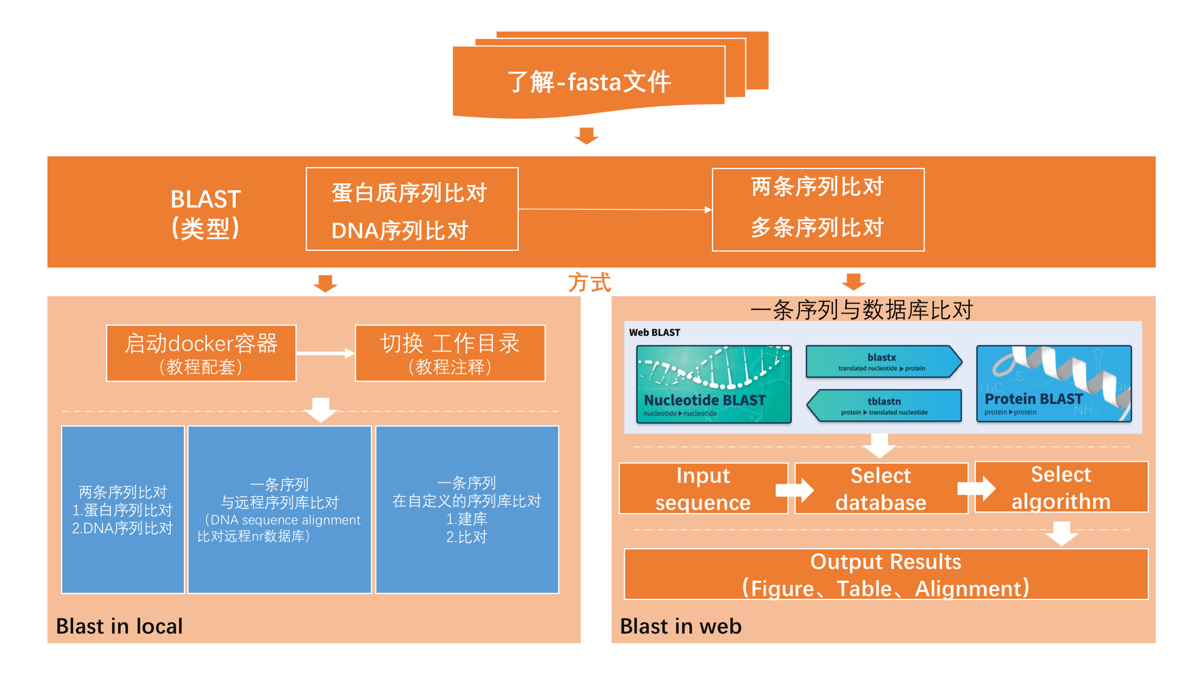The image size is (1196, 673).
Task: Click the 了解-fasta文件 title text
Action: (x=589, y=82)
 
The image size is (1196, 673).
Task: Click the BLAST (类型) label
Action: (x=205, y=214)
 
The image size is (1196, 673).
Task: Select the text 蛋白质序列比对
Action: (x=409, y=193)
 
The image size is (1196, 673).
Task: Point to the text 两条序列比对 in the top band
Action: (x=817, y=187)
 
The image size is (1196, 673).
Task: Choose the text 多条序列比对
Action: (x=817, y=227)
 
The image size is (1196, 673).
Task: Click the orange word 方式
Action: (x=589, y=282)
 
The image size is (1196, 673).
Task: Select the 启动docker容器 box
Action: (x=201, y=353)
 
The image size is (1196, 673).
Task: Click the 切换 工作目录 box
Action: (x=449, y=353)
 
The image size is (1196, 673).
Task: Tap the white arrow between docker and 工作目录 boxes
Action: (x=325, y=353)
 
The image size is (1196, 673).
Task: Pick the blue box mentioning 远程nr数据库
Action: (x=279, y=509)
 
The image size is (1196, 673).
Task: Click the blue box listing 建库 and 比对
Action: (x=467, y=509)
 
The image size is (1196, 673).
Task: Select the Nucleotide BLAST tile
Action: (x=713, y=384)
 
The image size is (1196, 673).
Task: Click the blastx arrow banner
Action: (x=883, y=361)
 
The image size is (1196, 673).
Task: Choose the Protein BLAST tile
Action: (x=1054, y=384)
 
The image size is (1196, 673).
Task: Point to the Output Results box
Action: (x=885, y=574)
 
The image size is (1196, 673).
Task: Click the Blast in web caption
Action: (x=681, y=626)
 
